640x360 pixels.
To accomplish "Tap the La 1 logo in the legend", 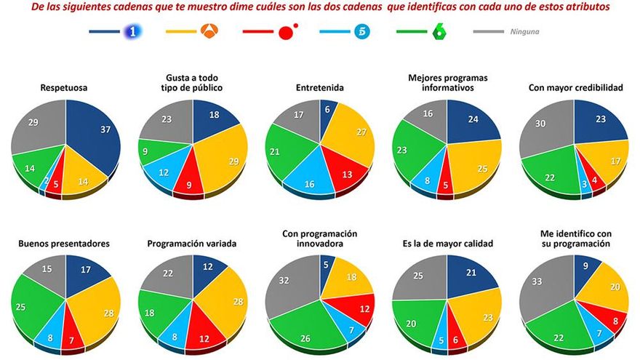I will (x=131, y=32).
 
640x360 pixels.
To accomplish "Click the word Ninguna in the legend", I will (x=524, y=32).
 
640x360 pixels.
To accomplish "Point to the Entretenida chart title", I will (x=319, y=88).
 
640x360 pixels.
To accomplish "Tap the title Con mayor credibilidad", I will (x=574, y=88).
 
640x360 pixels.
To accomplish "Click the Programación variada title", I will (x=192, y=244).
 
